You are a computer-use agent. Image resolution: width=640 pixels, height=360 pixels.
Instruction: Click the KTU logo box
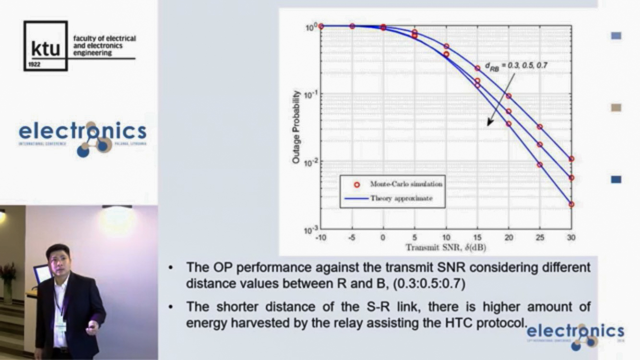point(46,46)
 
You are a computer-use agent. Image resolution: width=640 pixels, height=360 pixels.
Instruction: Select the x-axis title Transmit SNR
point(446,248)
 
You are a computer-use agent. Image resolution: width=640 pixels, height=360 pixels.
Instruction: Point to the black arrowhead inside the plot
point(489,123)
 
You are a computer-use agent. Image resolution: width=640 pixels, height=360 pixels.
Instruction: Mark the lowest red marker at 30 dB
point(571,204)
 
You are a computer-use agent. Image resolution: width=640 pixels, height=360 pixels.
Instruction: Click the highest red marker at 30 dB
point(571,159)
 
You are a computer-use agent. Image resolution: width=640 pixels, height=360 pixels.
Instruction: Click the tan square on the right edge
point(616,108)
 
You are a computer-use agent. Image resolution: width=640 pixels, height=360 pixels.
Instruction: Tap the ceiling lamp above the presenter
point(117,207)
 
